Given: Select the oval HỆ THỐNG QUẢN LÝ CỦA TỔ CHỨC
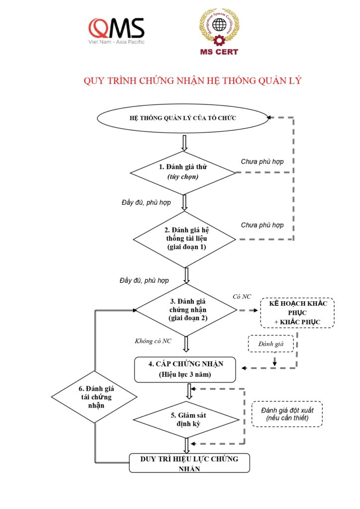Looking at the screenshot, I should pyautogui.click(x=182, y=118).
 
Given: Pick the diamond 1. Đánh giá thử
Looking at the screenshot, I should pyautogui.click(x=182, y=172).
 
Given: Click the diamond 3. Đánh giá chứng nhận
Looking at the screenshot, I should pyautogui.click(x=186, y=309).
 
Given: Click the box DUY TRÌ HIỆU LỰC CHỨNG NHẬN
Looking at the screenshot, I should pyautogui.click(x=189, y=463).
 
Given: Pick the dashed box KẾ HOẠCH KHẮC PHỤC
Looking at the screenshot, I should pyautogui.click(x=297, y=312).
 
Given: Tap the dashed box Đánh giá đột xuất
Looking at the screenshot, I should pyautogui.click(x=287, y=414).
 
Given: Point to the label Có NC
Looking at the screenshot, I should pyautogui.click(x=242, y=297).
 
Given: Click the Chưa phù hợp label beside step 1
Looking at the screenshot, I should pyautogui.click(x=262, y=162).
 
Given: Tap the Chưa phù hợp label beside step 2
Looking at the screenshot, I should pyautogui.click(x=262, y=225).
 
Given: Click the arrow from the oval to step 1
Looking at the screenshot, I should pyautogui.click(x=184, y=144).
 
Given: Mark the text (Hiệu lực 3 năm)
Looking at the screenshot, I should pyautogui.click(x=185, y=375).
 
